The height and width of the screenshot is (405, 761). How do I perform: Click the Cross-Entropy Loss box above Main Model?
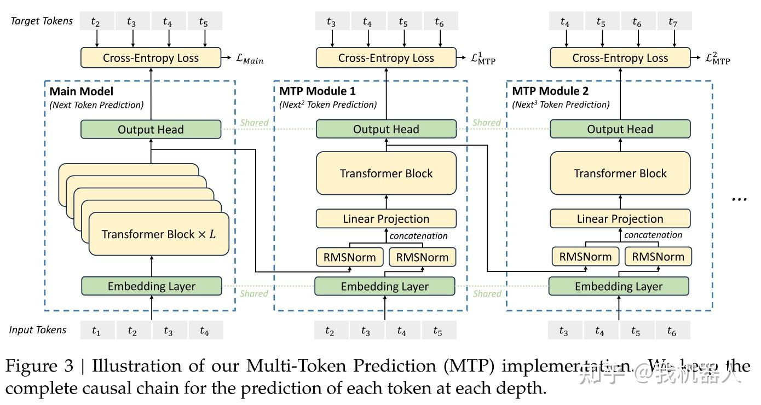pyautogui.click(x=151, y=58)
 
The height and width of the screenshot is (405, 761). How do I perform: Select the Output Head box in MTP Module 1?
pyautogui.click(x=386, y=130)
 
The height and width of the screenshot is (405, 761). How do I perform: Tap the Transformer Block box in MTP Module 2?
pyautogui.click(x=620, y=173)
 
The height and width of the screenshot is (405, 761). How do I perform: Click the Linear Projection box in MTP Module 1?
pyautogui.click(x=386, y=219)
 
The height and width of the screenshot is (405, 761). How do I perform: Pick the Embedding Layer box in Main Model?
pyautogui.click(x=152, y=286)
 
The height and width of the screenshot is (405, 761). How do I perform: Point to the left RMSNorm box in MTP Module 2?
pyautogui.click(x=585, y=257)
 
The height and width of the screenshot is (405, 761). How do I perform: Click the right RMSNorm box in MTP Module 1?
pyautogui.click(x=422, y=257)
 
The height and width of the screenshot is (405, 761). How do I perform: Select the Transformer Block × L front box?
pyautogui.click(x=159, y=234)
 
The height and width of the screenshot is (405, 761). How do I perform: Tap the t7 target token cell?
pyautogui.click(x=673, y=21)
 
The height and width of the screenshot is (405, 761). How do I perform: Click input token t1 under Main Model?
pyautogui.click(x=96, y=331)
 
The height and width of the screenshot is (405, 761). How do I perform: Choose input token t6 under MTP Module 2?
pyautogui.click(x=671, y=331)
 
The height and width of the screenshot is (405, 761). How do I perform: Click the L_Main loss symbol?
pyautogui.click(x=250, y=59)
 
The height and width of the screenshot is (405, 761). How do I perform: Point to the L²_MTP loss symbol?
pyautogui.click(x=717, y=59)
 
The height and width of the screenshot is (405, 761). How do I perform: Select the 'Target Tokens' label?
pyautogui.click(x=42, y=21)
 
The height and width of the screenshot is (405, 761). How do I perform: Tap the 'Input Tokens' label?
pyautogui.click(x=38, y=330)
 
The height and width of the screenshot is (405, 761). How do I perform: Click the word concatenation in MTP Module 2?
pyautogui.click(x=653, y=235)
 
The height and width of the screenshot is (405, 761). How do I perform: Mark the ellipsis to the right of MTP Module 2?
pyautogui.click(x=739, y=199)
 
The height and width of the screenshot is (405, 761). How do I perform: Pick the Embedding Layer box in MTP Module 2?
pyautogui.click(x=619, y=286)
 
